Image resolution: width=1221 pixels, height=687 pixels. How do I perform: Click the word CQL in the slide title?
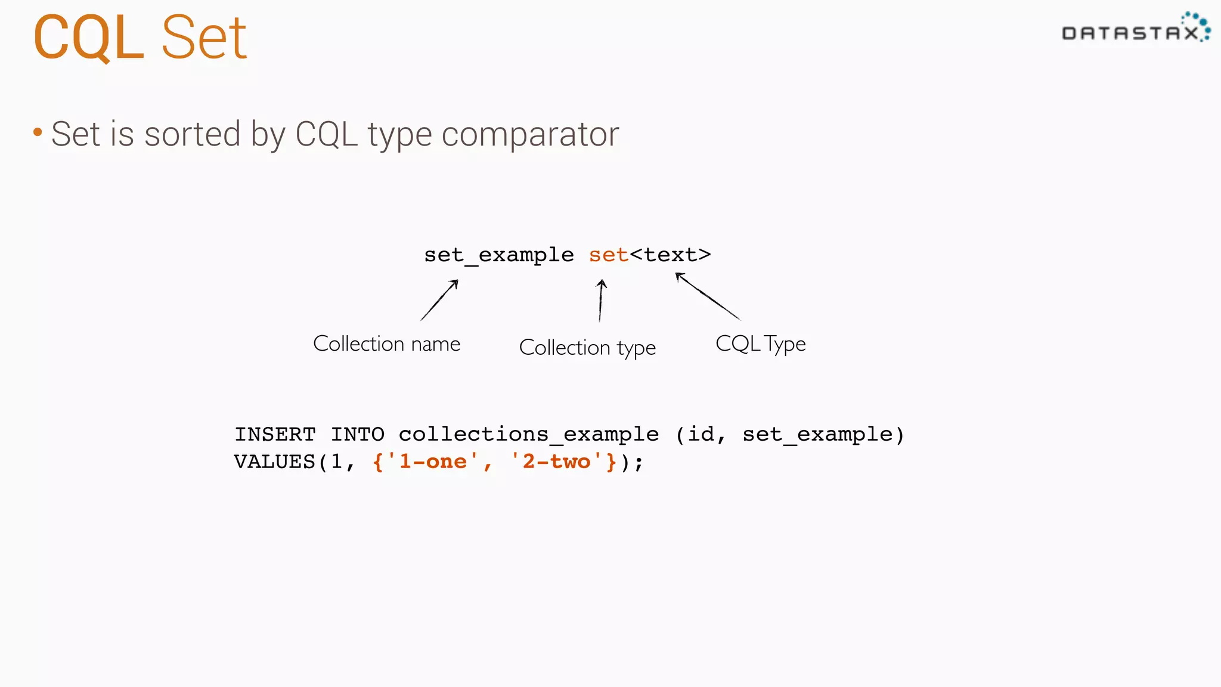tap(88, 38)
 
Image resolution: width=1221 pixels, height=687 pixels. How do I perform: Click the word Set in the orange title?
tap(204, 38)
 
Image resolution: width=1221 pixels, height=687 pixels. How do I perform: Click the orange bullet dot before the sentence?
tap(38, 132)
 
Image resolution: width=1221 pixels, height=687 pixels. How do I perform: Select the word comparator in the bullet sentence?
tap(530, 134)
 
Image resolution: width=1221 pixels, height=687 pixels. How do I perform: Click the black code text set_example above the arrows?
tap(498, 255)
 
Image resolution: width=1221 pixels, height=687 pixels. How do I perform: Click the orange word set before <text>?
tap(608, 255)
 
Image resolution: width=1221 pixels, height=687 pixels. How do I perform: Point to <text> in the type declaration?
tap(671, 255)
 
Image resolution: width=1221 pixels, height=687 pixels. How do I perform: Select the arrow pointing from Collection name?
tap(439, 300)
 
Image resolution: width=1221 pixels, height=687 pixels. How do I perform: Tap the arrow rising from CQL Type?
tap(708, 296)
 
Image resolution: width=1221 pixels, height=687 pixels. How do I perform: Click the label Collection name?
tap(386, 344)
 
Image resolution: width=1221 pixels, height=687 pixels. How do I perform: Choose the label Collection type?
tap(587, 348)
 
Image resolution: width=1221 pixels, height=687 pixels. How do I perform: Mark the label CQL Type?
tap(760, 344)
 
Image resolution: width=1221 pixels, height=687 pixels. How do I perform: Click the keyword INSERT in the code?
tap(275, 434)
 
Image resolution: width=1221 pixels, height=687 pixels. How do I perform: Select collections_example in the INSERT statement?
tap(528, 434)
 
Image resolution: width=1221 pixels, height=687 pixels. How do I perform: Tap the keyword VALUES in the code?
tap(274, 462)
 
